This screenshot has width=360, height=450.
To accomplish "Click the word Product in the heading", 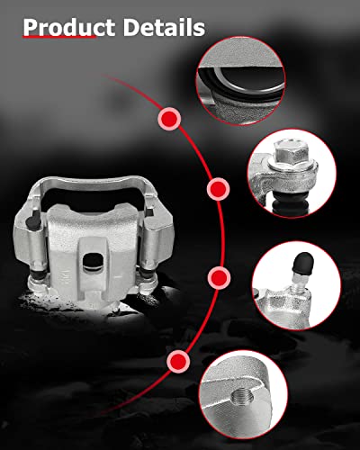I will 63,26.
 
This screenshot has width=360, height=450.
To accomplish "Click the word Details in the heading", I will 160,26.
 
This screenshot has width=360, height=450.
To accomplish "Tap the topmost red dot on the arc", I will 168,118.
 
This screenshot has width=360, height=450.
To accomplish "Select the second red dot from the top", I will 217,190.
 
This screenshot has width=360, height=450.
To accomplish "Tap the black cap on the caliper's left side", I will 34,222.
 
